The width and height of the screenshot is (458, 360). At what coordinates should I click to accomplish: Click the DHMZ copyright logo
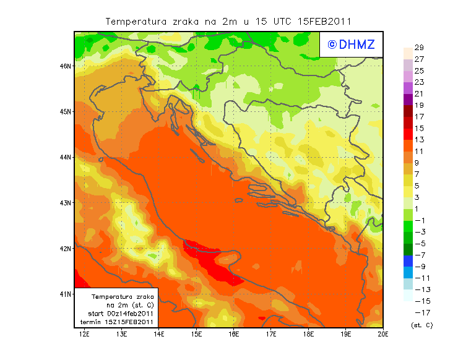coord(350,44)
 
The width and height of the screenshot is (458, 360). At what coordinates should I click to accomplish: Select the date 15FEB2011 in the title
coord(324,21)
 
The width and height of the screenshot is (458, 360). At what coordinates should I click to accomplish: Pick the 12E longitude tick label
coord(84,335)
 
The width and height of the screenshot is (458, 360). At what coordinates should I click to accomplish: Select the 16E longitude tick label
coord(233,335)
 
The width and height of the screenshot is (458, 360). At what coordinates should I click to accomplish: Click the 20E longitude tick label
coord(383,335)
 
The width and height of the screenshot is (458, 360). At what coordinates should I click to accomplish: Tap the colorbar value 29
coord(419,48)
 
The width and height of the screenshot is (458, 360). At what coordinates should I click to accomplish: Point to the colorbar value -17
coord(419,312)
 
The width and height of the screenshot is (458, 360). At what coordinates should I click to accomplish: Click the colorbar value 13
coord(419,140)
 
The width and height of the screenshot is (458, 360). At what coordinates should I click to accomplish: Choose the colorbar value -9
coord(419,267)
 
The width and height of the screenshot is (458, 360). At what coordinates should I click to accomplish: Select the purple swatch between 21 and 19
coord(408,99)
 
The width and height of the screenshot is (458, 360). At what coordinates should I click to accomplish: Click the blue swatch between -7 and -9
coord(408,260)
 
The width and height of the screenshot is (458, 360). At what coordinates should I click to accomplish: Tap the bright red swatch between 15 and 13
coord(408,134)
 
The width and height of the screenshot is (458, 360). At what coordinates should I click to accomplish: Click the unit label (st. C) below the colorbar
coord(421,325)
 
